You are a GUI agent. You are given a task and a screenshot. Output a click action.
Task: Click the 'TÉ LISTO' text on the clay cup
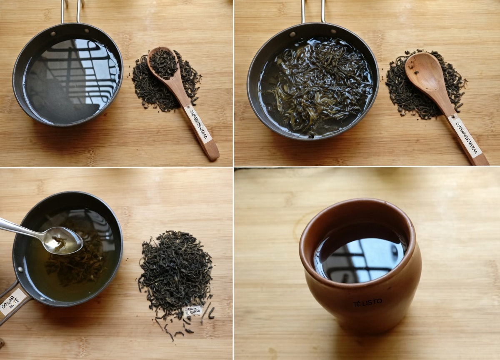(x=367, y=303)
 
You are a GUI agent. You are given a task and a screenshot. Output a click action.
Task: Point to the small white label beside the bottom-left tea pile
(x=192, y=310)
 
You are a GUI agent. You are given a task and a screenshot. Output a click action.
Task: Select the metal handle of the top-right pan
(x=312, y=10)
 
